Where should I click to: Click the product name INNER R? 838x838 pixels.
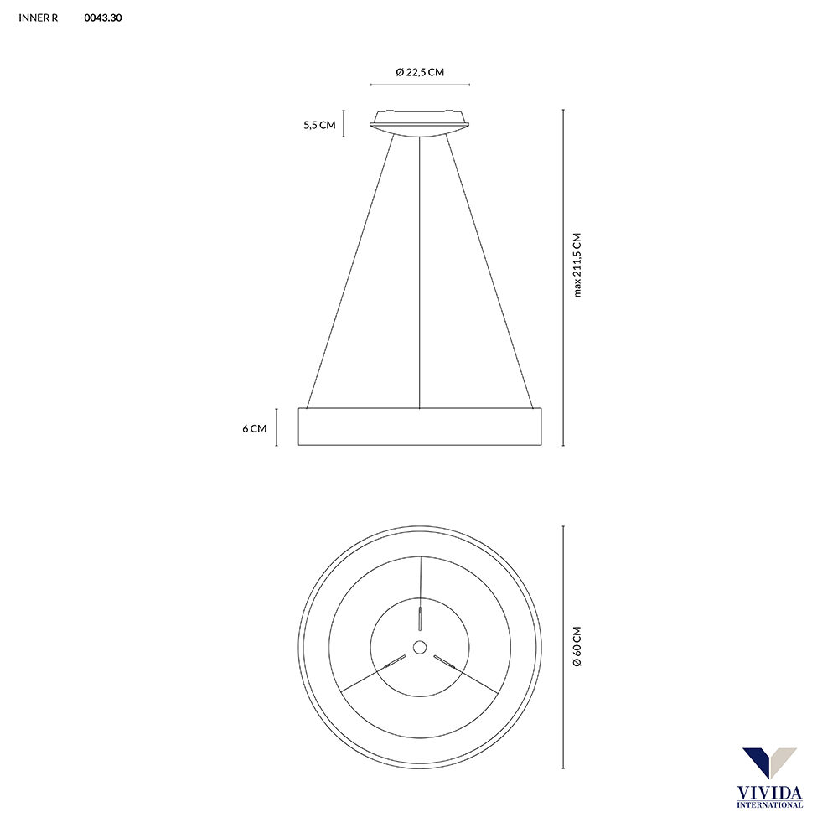[38, 17]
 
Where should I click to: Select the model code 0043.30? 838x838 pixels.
[104, 17]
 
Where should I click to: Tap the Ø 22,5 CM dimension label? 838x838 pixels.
[420, 72]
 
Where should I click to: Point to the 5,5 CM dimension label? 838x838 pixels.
[319, 125]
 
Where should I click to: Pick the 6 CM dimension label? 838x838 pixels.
[254, 428]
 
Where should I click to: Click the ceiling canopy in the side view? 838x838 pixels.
[420, 122]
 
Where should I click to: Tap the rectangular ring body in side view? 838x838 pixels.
[420, 427]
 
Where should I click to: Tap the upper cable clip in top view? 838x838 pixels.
[420, 615]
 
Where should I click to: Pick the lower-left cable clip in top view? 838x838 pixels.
[391, 663]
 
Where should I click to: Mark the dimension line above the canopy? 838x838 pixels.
[420, 85]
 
